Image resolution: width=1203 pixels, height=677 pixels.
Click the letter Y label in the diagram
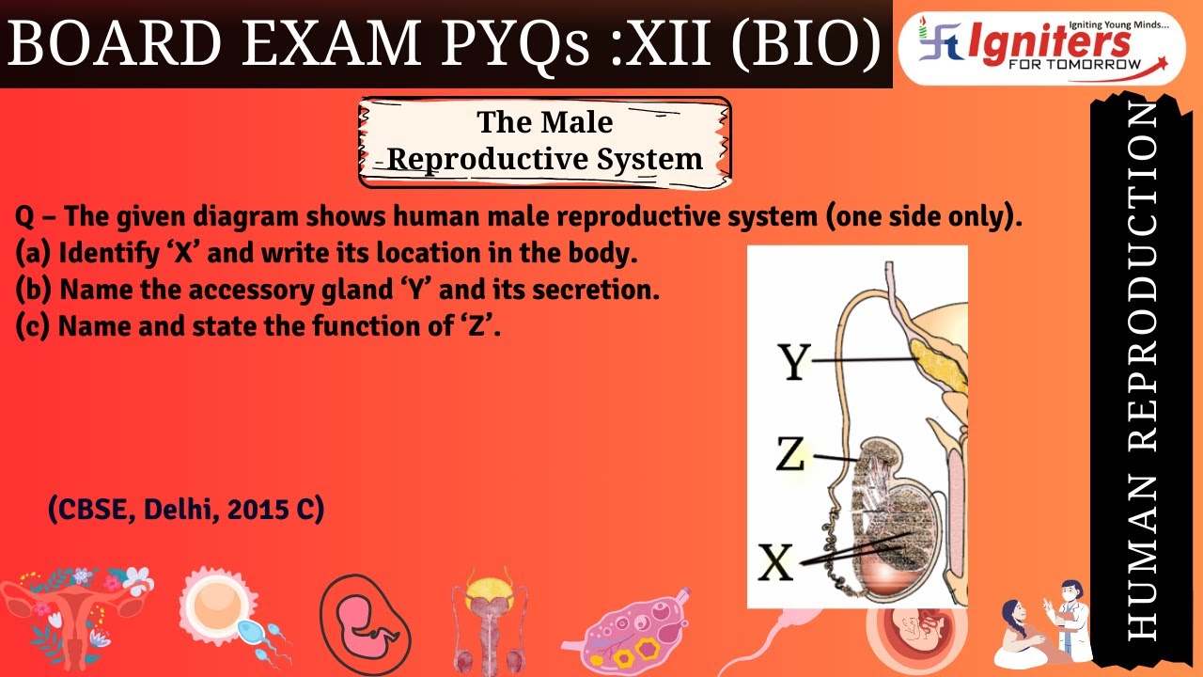pyautogui.click(x=795, y=361)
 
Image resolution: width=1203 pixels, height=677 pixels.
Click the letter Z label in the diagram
pyautogui.click(x=790, y=456)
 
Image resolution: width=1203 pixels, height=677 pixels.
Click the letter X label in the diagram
pyautogui.click(x=776, y=563)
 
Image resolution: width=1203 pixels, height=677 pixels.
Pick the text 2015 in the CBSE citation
pyautogui.click(x=254, y=510)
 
